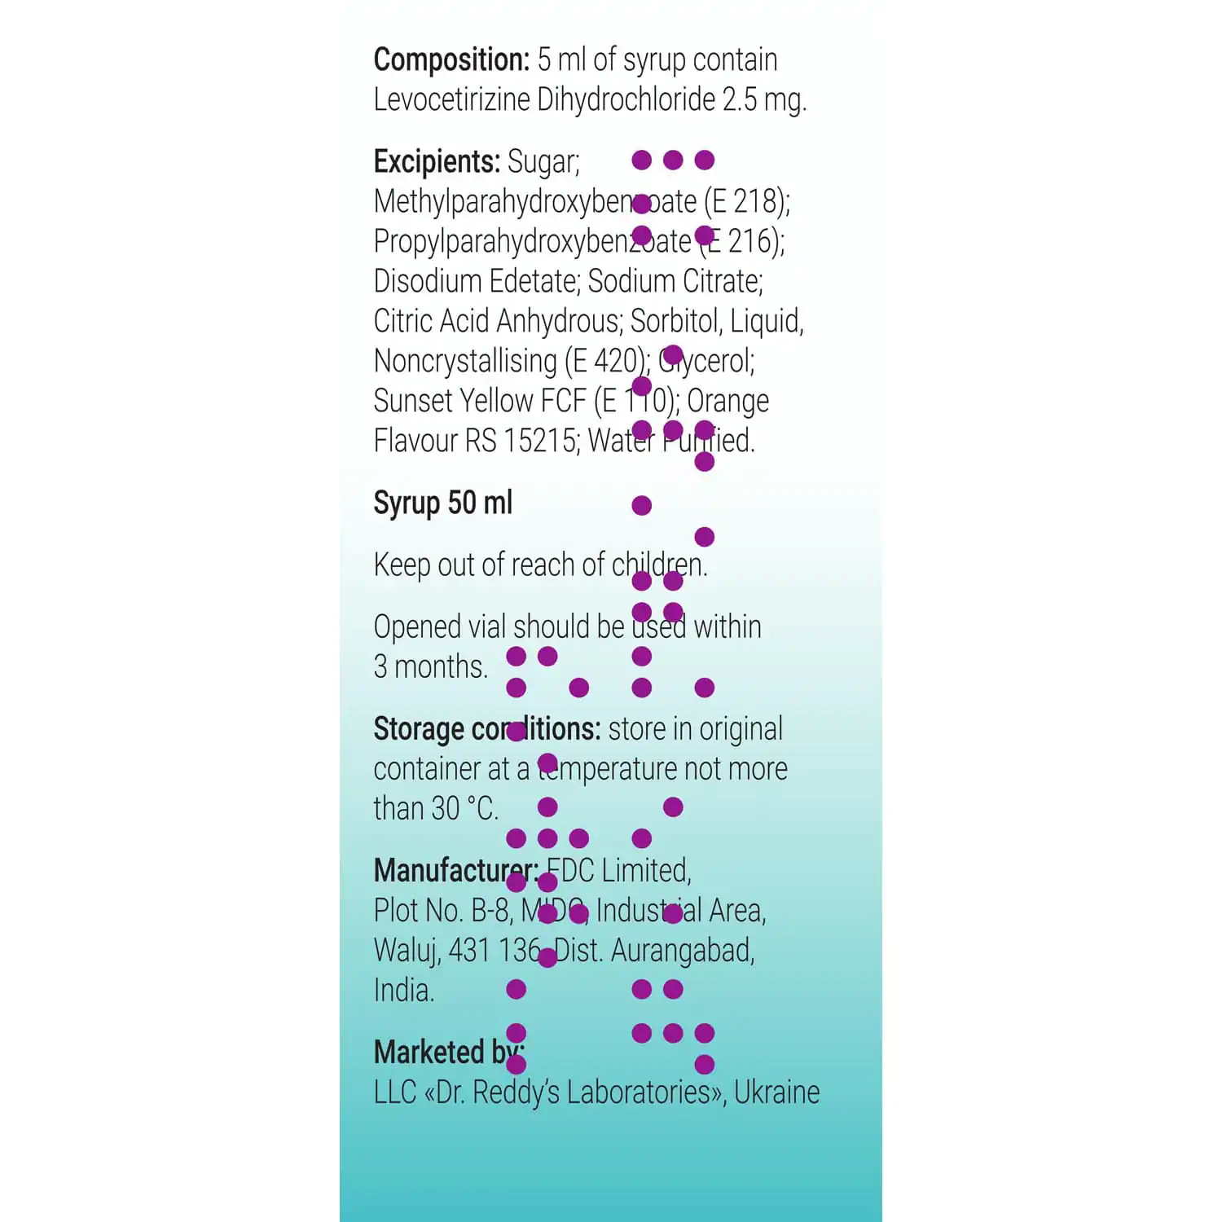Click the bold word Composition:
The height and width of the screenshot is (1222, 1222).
tap(451, 60)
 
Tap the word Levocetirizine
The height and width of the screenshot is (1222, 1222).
tap(451, 100)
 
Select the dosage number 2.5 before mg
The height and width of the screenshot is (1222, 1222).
tap(740, 100)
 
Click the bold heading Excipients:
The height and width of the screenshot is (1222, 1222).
tap(437, 162)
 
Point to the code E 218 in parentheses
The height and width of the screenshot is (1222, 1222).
tap(747, 201)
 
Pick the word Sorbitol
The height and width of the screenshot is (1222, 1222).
tap(675, 321)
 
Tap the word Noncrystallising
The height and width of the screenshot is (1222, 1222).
tap(465, 361)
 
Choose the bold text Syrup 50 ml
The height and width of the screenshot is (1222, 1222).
tap(443, 503)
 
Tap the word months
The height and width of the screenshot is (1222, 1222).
tap(441, 667)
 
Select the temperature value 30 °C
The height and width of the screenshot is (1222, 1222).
tap(464, 809)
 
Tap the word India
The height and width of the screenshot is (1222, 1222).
tap(404, 991)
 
